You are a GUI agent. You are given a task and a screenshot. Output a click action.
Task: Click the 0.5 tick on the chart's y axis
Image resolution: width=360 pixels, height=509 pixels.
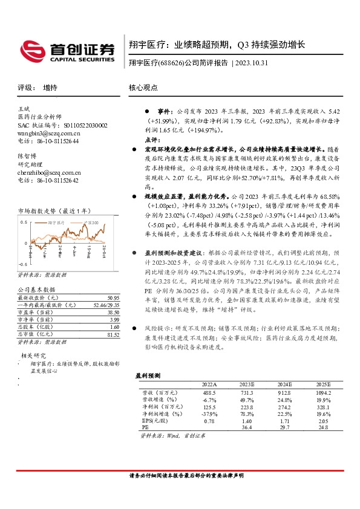pos(24,222)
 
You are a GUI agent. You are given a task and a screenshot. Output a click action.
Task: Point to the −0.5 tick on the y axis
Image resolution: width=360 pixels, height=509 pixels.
pos(23,265)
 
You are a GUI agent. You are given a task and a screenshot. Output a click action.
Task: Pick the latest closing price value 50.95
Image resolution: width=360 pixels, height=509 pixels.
pos(113,298)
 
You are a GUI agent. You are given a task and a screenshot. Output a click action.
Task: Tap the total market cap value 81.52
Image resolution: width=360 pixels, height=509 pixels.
pos(113,334)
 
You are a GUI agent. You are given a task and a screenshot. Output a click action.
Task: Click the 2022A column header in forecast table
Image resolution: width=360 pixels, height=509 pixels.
pos(209,384)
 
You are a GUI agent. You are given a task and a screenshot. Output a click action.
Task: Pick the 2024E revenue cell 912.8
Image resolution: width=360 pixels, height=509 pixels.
pos(284,392)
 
